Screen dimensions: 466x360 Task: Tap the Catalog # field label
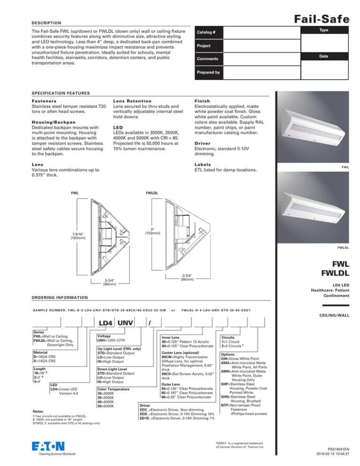click(210, 32)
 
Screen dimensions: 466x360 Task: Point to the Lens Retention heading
click(133, 101)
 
